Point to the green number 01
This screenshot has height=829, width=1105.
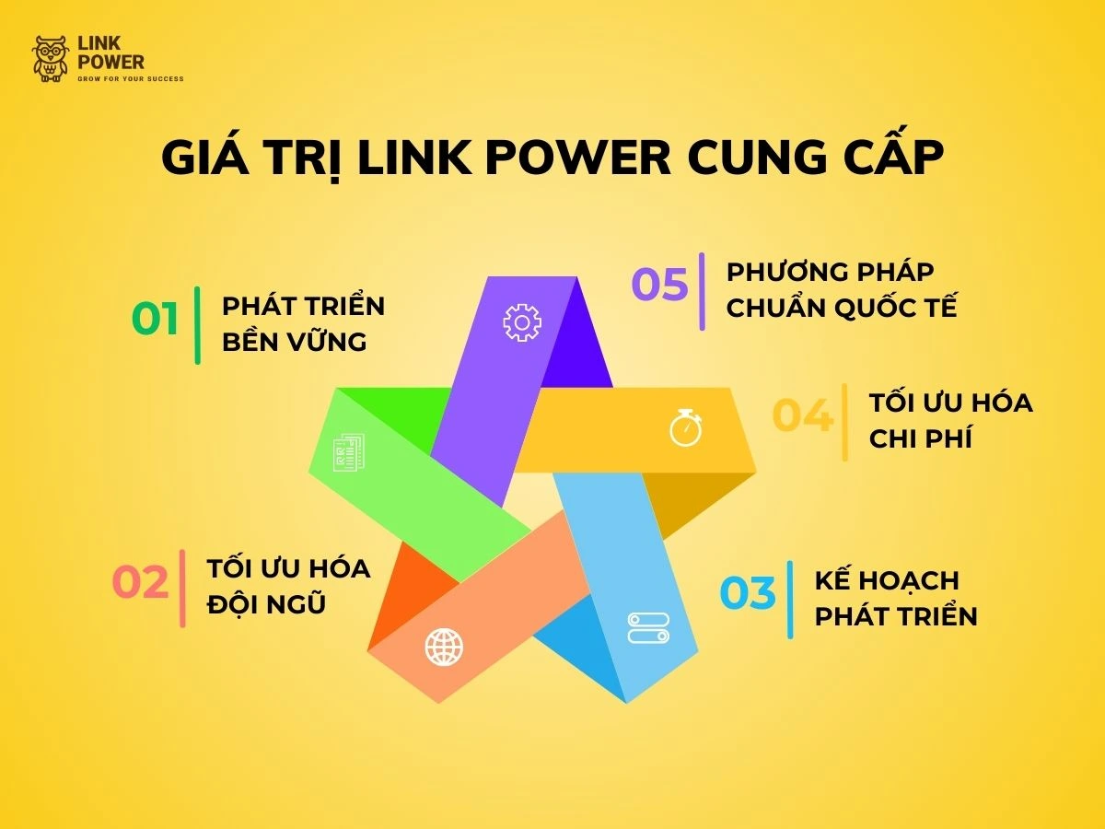click(x=156, y=320)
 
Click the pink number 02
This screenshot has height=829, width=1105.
click(x=141, y=584)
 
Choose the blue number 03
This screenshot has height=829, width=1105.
click(x=748, y=594)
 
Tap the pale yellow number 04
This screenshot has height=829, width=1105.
click(x=802, y=416)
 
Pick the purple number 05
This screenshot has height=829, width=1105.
click(x=659, y=285)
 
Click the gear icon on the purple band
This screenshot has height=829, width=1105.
click(x=521, y=322)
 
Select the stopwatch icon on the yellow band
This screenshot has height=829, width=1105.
click(x=686, y=428)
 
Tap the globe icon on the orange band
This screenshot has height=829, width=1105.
click(x=444, y=647)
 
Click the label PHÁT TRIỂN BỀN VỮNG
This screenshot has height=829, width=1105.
click(x=303, y=323)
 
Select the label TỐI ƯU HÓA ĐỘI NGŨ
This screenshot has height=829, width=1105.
click(x=287, y=586)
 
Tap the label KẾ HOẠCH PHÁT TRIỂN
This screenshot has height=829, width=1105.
click(x=895, y=598)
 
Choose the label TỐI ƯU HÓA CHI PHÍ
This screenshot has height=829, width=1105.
click(x=949, y=420)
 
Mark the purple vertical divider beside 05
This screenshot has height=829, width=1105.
click(x=702, y=291)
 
